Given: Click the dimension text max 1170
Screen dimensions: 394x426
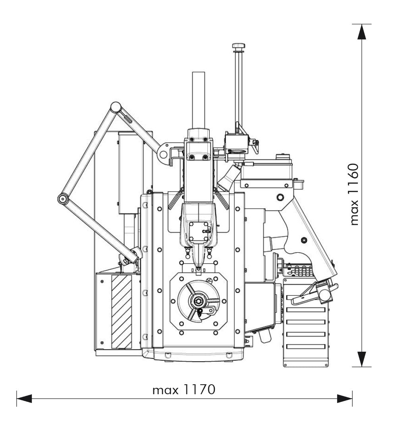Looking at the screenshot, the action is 184,389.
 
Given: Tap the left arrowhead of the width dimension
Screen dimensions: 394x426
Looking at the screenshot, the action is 24,399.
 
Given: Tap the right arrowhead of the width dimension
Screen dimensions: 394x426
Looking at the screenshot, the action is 345,399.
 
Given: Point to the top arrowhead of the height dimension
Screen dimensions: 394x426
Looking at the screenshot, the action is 361,32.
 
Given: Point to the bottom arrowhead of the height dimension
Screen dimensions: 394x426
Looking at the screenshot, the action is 361,359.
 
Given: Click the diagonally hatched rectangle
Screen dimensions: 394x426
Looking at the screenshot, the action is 122,312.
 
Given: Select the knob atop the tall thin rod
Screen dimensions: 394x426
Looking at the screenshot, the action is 238,46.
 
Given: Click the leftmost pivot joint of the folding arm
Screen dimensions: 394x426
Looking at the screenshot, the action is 63,199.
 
